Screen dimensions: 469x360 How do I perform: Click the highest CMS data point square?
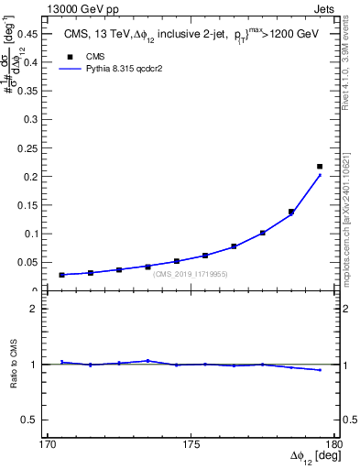(x=320, y=167)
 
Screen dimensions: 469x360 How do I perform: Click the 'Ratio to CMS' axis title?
(x=15, y=377)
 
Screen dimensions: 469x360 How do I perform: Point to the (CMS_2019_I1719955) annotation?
(x=190, y=274)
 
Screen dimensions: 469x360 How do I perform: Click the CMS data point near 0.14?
(x=291, y=212)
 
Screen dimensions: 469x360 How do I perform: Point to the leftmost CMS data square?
(x=62, y=275)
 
